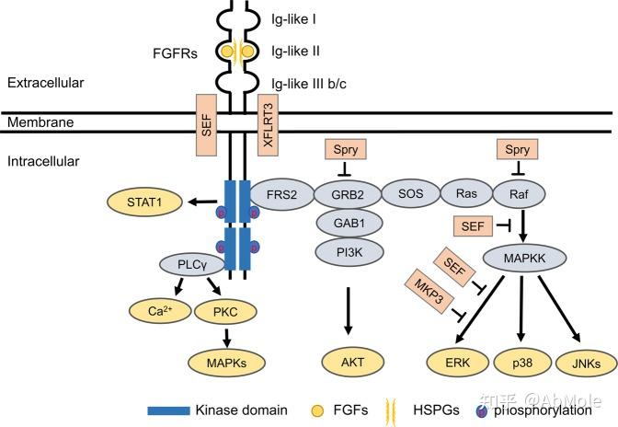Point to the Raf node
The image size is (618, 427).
pos(515,195)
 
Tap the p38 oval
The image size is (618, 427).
pos(521,364)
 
